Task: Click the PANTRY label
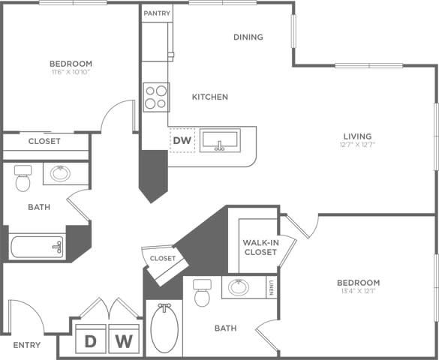point(157,13)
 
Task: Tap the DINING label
point(248,37)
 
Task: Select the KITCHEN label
point(210,97)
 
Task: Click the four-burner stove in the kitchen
point(155,97)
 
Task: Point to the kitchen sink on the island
point(220,140)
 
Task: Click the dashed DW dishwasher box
point(182,140)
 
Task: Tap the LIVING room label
point(356,136)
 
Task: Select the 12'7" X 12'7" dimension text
point(356,145)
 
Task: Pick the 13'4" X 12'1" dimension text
point(358,292)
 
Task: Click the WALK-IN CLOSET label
point(260,247)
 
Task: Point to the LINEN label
point(272,287)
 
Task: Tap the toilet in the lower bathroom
point(202,293)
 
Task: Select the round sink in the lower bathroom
point(239,287)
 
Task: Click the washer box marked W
point(125,342)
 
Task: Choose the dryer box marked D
point(91,342)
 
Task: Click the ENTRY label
point(27,345)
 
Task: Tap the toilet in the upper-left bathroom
point(23,178)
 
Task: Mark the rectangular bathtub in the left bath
point(37,245)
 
